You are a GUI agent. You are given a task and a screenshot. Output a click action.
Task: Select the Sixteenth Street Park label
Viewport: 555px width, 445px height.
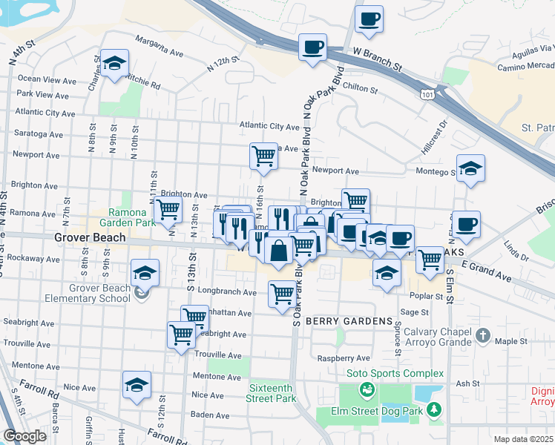[x=271, y=393]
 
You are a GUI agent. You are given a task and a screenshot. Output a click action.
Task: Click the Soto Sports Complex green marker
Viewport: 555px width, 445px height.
[x=365, y=389]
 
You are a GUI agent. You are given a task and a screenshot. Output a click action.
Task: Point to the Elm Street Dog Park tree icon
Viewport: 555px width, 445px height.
[x=433, y=409]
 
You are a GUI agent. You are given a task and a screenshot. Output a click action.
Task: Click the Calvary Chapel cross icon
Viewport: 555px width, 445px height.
[x=482, y=335]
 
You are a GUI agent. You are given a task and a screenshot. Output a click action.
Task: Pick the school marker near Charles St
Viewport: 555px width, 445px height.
[x=115, y=64]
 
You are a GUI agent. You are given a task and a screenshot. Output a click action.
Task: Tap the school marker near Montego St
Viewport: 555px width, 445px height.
[x=470, y=169]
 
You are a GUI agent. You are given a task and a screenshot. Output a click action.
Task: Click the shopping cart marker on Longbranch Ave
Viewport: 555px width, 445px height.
[x=282, y=294]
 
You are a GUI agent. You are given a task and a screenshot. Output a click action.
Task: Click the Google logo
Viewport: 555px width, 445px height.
[x=25, y=436]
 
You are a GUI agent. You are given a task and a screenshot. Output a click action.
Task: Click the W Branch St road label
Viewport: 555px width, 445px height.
[x=378, y=60]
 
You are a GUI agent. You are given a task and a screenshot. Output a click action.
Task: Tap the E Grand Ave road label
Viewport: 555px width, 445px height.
[x=486, y=271]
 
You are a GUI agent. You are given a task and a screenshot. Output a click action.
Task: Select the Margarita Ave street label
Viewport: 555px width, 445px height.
[x=160, y=47]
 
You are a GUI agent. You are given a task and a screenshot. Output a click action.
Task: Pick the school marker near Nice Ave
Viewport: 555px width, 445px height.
[x=137, y=386]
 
